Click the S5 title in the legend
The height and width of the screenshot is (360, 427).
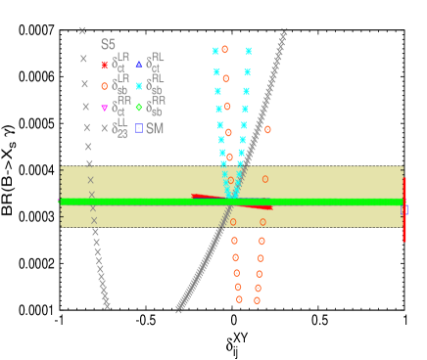[x=108, y=45]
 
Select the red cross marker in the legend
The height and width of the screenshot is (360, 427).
[x=105, y=66]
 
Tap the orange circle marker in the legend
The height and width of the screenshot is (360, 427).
[x=105, y=86]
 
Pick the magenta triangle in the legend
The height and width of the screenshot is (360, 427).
[x=105, y=108]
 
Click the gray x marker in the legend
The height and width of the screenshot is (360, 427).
[x=105, y=128]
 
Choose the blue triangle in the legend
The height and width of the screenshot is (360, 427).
[x=139, y=66]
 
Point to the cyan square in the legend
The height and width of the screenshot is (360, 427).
[x=139, y=86]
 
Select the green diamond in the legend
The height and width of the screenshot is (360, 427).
[x=139, y=108]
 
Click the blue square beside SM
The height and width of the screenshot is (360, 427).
[x=139, y=128]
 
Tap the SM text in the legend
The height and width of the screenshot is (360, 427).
[x=155, y=128]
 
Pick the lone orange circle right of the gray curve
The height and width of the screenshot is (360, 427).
[x=267, y=129]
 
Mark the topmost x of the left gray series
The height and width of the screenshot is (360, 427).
[x=82, y=31]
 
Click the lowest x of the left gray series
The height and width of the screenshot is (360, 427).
[x=107, y=306]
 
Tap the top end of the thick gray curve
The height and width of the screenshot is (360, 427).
[x=284, y=32]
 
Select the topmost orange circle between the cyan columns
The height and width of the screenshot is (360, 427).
[x=224, y=49]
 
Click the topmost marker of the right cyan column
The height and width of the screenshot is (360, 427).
[x=249, y=51]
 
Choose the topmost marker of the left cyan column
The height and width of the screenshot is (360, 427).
[x=215, y=51]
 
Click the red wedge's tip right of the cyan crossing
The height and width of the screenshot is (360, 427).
[x=271, y=206]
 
